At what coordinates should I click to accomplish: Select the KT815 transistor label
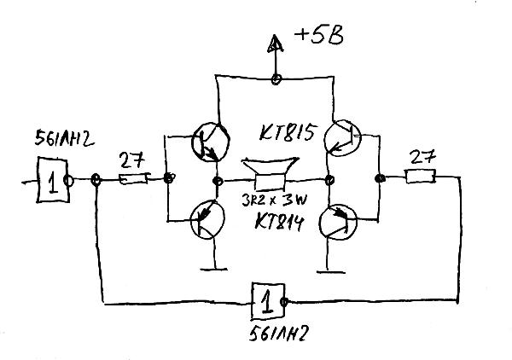(x=288, y=135)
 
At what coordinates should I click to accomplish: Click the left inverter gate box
(x=52, y=182)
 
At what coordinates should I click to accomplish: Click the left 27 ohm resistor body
(x=133, y=180)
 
